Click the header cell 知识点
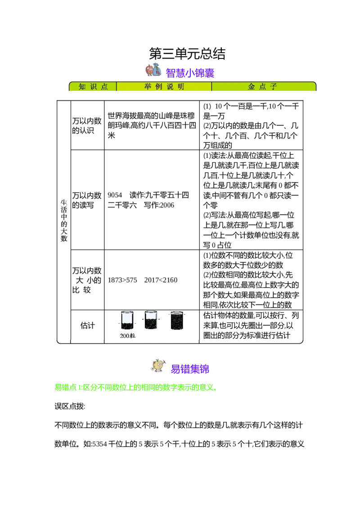[x=93, y=87]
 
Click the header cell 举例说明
[x=164, y=87]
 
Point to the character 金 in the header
[x=252, y=87]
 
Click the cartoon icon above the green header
[x=153, y=70]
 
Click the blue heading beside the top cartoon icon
[x=191, y=72]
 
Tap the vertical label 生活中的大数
[x=63, y=221]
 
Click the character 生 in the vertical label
[x=63, y=203]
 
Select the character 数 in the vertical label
[x=63, y=239]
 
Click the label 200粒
[x=127, y=335]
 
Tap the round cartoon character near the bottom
[x=158, y=365]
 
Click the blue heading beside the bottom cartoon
[x=189, y=369]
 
